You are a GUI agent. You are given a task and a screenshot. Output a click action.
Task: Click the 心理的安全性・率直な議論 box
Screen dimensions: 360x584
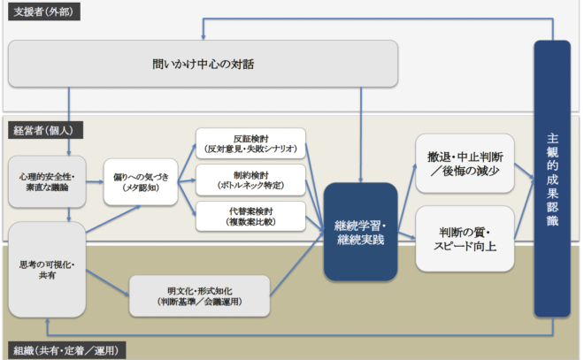pyautogui.click(x=47, y=181)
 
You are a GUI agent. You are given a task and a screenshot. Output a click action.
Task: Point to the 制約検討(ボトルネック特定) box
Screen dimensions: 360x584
pyautogui.click(x=250, y=180)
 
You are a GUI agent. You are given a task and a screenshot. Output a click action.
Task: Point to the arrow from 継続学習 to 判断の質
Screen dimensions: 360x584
pyautogui.click(x=406, y=237)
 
